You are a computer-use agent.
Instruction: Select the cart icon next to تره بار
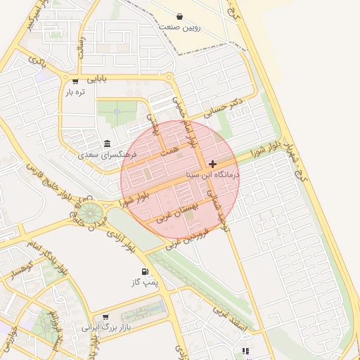pyautogui.click(x=75, y=80)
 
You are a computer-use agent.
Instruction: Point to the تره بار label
pyautogui.click(x=75, y=92)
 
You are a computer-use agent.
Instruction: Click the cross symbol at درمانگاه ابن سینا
pyautogui.click(x=213, y=164)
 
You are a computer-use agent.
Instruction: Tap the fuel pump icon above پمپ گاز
pyautogui.click(x=145, y=271)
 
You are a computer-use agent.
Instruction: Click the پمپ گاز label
pyautogui.click(x=142, y=283)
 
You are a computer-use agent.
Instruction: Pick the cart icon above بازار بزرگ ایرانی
pyautogui.click(x=105, y=317)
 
